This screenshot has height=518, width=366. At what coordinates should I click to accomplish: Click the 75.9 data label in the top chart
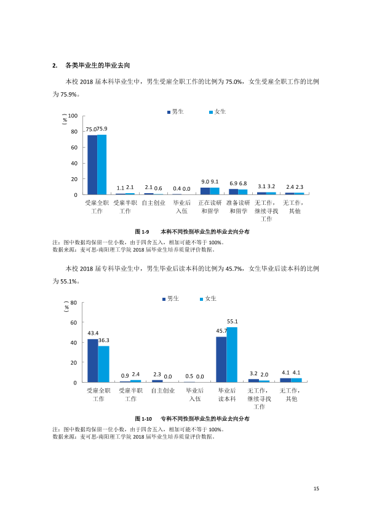click(102, 129)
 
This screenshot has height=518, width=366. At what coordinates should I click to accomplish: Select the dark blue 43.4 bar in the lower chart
click(92, 361)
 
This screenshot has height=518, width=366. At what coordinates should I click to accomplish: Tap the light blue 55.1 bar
click(232, 355)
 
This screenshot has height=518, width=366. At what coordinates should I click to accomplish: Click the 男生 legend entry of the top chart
click(175, 112)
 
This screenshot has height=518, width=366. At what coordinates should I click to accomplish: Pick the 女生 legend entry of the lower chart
click(208, 298)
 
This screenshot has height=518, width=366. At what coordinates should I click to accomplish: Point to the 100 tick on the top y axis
click(73, 116)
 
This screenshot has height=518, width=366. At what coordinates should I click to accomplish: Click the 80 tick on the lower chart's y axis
click(73, 303)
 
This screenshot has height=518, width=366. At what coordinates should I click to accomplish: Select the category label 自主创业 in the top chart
click(153, 203)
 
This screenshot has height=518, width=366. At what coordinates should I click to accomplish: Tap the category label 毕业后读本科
click(227, 394)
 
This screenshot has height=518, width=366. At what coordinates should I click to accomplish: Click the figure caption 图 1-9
click(142, 232)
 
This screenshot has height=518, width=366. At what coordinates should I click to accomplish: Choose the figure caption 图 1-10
click(143, 419)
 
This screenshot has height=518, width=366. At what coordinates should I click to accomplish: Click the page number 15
click(316, 488)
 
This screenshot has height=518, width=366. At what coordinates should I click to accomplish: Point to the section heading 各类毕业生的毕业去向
click(97, 65)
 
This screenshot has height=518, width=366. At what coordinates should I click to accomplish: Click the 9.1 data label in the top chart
click(215, 181)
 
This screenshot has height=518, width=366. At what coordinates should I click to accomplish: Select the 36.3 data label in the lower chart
click(104, 340)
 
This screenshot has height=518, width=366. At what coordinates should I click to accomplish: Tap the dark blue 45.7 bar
click(221, 359)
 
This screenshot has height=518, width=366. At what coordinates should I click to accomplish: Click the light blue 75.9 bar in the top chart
click(101, 164)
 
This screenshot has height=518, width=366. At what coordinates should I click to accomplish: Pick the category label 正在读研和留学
click(210, 207)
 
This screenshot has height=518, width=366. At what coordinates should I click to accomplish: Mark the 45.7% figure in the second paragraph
click(234, 269)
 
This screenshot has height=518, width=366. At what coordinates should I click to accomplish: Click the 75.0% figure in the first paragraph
click(234, 82)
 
